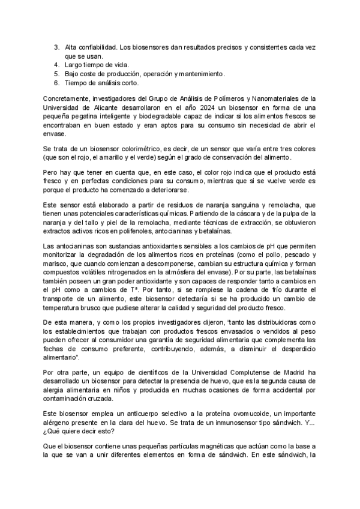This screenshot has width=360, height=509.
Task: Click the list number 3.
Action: click(56, 46)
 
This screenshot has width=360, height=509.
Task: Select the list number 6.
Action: click(56, 83)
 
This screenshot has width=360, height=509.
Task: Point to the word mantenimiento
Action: click(200, 74)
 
